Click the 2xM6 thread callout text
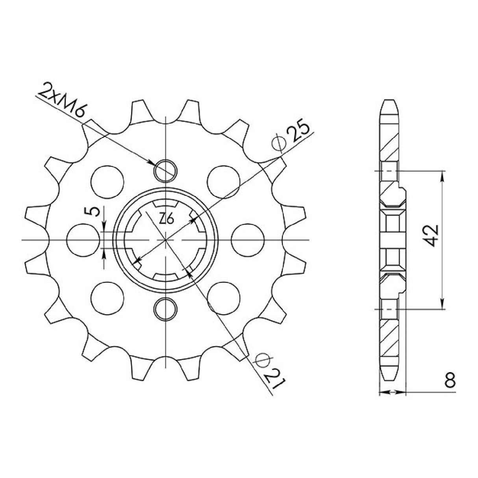pos(61,102)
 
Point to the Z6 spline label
pos(167,219)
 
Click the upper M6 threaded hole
pos(166,170)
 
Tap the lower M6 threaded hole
pos(166,308)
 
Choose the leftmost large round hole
pos(83,239)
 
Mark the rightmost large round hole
pos(247,239)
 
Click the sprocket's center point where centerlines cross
pos(166,239)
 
